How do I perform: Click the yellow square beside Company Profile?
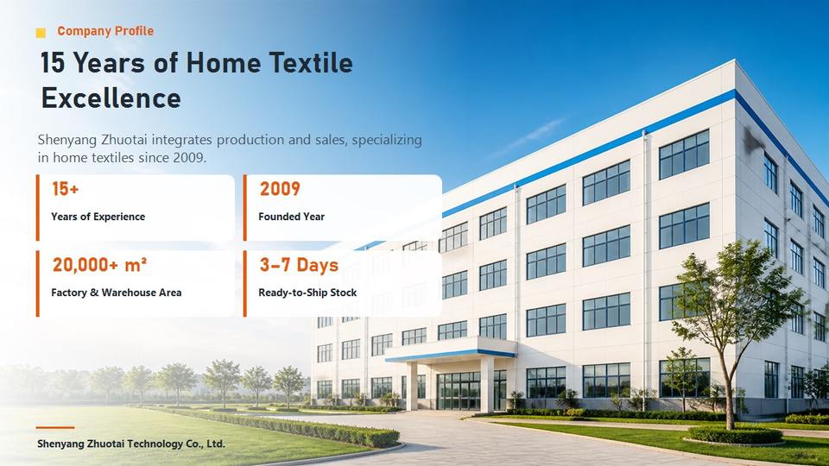click(x=41, y=33)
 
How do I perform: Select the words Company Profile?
click(x=105, y=31)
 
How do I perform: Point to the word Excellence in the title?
click(x=111, y=98)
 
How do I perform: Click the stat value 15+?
click(x=65, y=189)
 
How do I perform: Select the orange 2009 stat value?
click(x=280, y=189)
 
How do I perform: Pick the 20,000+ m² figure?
click(x=99, y=265)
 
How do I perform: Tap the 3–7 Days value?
click(x=299, y=265)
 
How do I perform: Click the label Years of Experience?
click(x=98, y=217)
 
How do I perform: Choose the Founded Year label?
click(x=291, y=217)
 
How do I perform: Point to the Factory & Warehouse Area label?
click(x=117, y=293)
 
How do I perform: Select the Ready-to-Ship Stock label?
click(x=307, y=293)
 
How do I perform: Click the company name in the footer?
click(x=131, y=444)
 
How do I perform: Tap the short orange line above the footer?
click(x=55, y=427)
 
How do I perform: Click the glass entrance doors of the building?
click(x=459, y=391)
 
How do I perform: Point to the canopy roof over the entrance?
click(x=451, y=349)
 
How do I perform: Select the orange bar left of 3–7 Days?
click(x=244, y=284)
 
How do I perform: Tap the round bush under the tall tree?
click(x=735, y=435)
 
